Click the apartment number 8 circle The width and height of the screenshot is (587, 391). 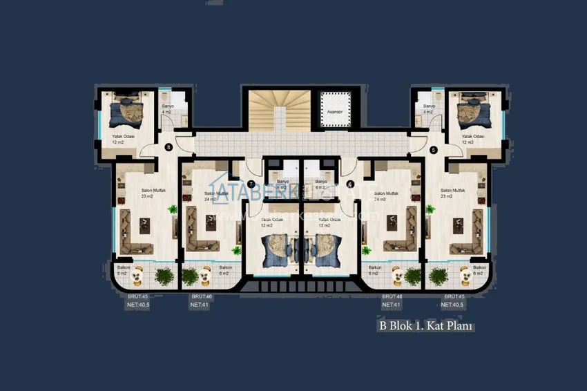(169, 147)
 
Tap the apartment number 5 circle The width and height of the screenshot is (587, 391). (433, 150)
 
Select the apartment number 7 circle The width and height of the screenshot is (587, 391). (251, 184)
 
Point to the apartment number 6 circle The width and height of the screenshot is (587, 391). (350, 184)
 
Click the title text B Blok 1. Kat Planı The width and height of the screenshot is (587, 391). (425, 325)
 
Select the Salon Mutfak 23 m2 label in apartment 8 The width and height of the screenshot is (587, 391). (146, 193)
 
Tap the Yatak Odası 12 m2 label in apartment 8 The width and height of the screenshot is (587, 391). (123, 140)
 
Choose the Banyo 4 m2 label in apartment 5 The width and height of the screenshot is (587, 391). (428, 108)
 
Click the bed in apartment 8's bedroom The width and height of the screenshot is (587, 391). (126, 111)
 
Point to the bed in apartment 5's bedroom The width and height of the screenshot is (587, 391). (474, 111)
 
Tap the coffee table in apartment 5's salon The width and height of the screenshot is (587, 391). (457, 223)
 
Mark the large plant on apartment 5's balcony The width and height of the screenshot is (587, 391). (438, 276)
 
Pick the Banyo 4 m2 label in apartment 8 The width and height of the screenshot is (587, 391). (166, 108)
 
